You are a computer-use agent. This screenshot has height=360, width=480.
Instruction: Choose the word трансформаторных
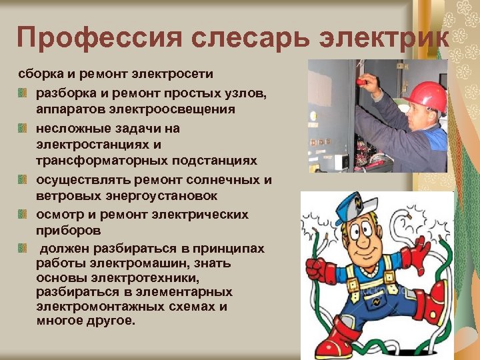click(93, 161)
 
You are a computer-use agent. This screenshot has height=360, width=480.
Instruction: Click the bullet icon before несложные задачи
click(23, 127)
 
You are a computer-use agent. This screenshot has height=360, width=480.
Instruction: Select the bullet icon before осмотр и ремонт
click(23, 214)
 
